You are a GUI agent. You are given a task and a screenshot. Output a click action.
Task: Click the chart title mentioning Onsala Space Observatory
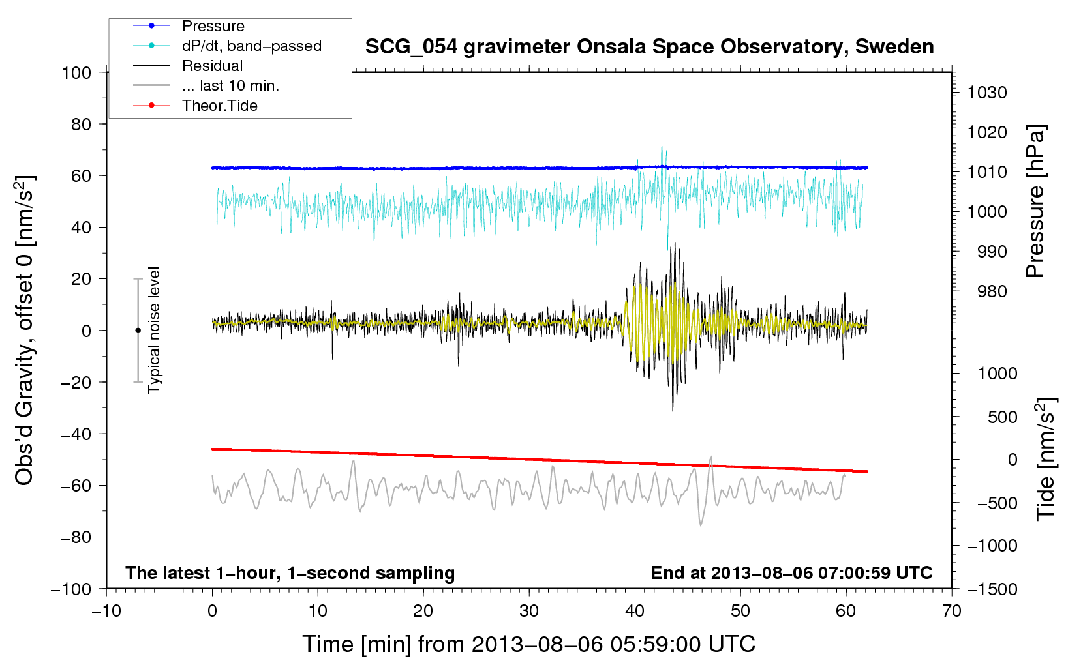(x=649, y=47)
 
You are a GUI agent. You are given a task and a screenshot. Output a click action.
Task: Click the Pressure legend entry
(x=213, y=26)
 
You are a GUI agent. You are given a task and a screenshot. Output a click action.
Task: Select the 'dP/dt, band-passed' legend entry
(x=251, y=46)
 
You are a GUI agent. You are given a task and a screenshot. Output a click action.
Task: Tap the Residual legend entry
(x=212, y=66)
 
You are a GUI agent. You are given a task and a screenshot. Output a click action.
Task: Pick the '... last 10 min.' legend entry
(x=230, y=86)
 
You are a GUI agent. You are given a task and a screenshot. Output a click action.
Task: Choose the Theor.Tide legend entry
(x=219, y=106)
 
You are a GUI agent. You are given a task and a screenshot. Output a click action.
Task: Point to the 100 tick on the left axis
(x=76, y=72)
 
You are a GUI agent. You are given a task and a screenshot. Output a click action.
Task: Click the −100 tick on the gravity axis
(x=71, y=589)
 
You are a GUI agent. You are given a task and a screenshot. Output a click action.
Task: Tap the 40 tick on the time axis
(x=635, y=611)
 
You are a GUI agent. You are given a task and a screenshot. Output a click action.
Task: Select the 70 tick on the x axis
(x=952, y=611)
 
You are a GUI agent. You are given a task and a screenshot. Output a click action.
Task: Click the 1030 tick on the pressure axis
(x=987, y=93)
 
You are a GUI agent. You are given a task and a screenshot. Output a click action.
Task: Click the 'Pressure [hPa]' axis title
(x=1035, y=201)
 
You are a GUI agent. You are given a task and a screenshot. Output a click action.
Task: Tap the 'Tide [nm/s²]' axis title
(x=1046, y=459)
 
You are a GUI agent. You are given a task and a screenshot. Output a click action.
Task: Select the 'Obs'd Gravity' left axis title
(x=24, y=331)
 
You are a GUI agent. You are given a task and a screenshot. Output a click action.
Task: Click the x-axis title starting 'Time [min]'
(x=528, y=644)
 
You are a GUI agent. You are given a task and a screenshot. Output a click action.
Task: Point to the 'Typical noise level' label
(x=154, y=330)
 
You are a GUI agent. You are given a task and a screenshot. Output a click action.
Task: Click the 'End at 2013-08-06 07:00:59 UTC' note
(x=791, y=573)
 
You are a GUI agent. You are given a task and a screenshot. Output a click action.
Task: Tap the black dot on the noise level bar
(x=138, y=331)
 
